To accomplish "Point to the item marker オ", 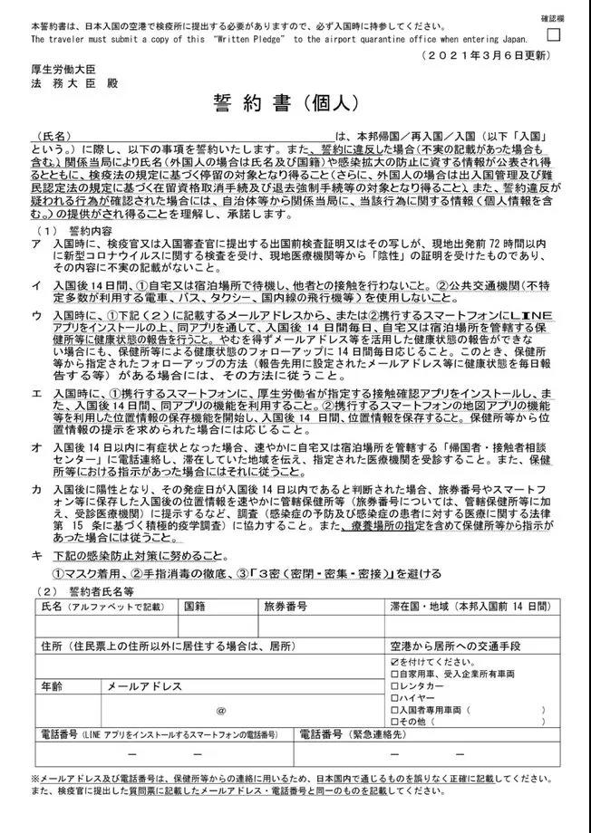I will (x=34, y=447).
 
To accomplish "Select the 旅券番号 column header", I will (x=285, y=606).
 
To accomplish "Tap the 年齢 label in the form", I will (x=51, y=686).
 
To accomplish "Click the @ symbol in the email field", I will (x=221, y=712).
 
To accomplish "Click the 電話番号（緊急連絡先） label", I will (x=353, y=733).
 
